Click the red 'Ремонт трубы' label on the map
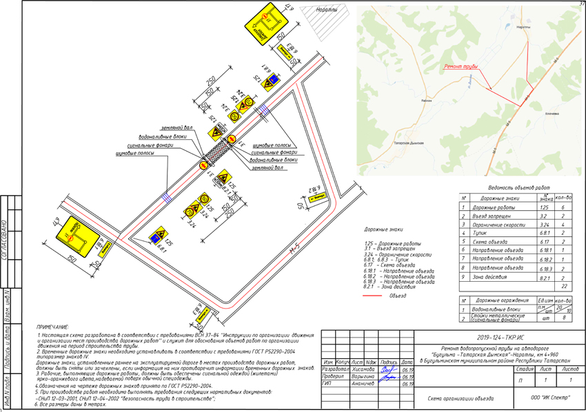click(x=461, y=67)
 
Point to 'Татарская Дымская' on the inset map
click(x=409, y=143)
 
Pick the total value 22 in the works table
click(x=564, y=285)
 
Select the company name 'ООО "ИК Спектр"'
click(x=549, y=398)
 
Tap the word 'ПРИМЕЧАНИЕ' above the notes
click(x=53, y=327)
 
